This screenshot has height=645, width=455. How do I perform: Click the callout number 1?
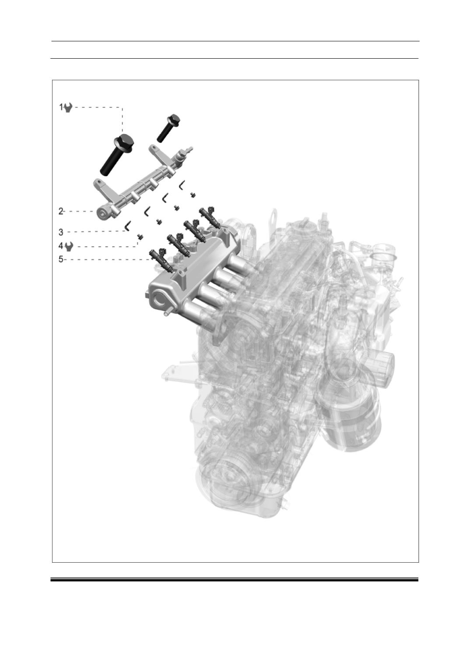click(x=61, y=107)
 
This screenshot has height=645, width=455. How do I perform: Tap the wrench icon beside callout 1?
click(x=68, y=108)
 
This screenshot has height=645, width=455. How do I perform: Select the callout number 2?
click(x=61, y=211)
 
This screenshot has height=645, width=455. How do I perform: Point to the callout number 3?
click(x=61, y=232)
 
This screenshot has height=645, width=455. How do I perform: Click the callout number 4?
click(x=61, y=246)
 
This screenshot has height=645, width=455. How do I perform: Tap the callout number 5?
click(x=61, y=259)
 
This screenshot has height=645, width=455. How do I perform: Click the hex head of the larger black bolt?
click(x=125, y=141)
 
